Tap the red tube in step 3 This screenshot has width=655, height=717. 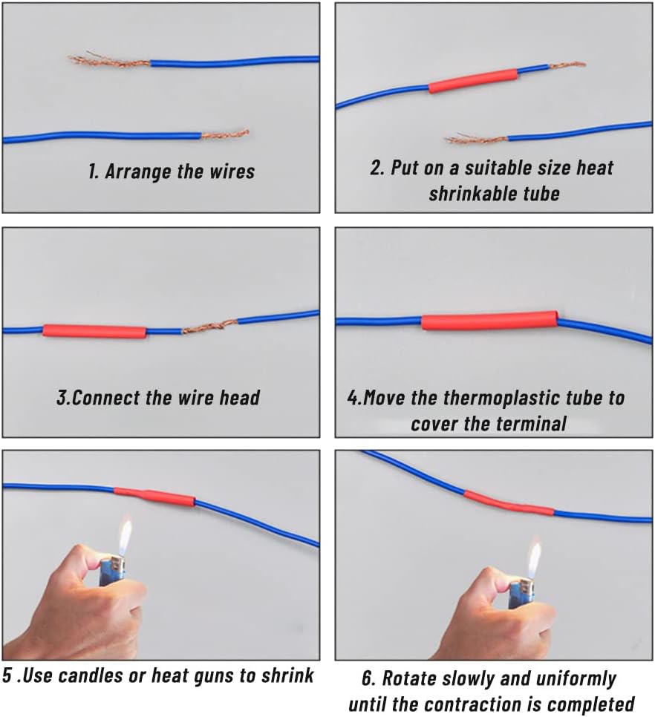click(x=94, y=331)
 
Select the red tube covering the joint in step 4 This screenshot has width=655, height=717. click(x=489, y=321)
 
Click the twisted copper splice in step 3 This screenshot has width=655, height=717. click(x=209, y=327)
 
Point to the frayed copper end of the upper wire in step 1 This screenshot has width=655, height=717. click(x=109, y=61)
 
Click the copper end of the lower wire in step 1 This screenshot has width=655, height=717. click(x=225, y=135)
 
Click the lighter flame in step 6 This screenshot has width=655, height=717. click(x=534, y=560)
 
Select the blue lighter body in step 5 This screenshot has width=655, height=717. click(x=113, y=572)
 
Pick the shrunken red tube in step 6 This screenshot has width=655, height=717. click(x=509, y=503)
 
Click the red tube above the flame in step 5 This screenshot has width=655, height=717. click(x=154, y=496)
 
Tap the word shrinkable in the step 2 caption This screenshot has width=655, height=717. click(x=468, y=194)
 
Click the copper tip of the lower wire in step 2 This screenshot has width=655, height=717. click(x=477, y=139)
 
